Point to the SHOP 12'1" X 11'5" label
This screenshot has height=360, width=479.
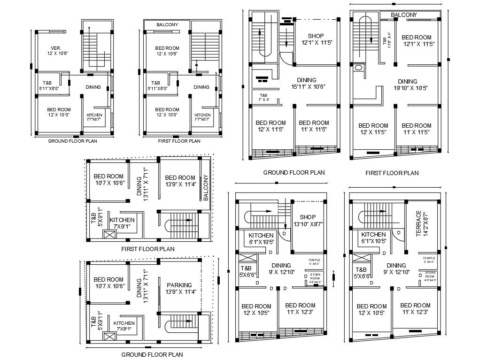coord(317,39)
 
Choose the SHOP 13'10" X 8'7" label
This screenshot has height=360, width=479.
coord(308,221)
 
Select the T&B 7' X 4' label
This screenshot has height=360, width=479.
coord(263,97)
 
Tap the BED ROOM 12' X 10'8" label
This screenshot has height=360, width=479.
coord(167,51)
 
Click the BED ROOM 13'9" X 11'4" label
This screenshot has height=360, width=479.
coord(180,181)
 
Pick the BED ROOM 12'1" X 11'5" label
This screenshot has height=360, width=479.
coord(416,40)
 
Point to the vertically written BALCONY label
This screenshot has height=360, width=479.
coord(206,188)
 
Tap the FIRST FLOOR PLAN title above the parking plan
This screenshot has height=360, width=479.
coord(147,249)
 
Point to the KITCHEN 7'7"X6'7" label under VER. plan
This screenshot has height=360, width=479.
coord(94,117)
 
